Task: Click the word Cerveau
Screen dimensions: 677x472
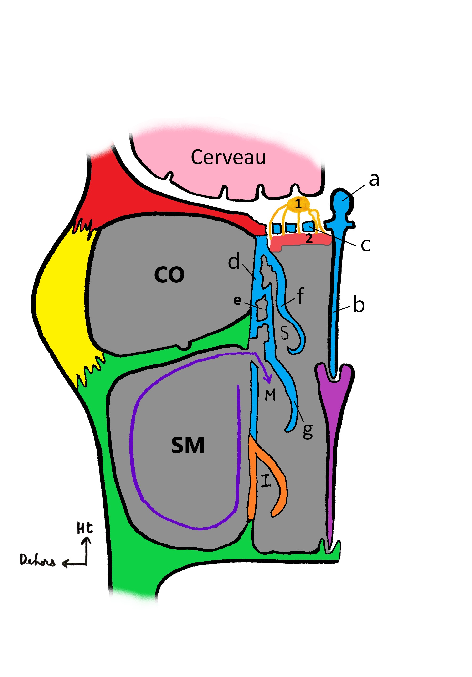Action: tap(228, 157)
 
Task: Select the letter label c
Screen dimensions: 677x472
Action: tap(365, 245)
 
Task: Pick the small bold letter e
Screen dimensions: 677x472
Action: tap(237, 300)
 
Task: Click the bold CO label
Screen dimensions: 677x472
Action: tap(169, 275)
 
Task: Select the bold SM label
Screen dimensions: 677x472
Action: tap(188, 445)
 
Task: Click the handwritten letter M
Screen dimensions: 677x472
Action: tap(270, 395)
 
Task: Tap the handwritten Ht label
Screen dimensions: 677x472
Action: tap(85, 528)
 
